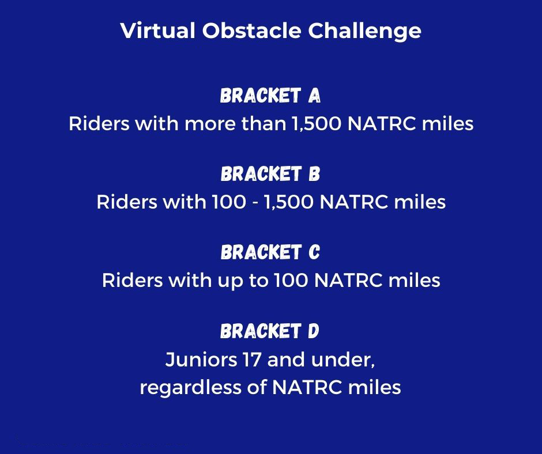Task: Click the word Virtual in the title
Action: point(158,30)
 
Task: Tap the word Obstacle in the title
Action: point(251,30)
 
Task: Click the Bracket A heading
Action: point(270,96)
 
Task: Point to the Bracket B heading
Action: point(270,174)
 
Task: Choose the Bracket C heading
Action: point(270,252)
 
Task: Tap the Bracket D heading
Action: point(270,331)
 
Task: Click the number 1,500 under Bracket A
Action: point(317,124)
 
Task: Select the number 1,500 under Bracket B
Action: point(289,202)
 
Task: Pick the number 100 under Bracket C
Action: point(291,281)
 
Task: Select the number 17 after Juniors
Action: point(251,360)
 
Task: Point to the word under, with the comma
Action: point(343,360)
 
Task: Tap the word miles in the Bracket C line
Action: point(414,280)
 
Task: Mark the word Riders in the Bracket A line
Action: point(99,124)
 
